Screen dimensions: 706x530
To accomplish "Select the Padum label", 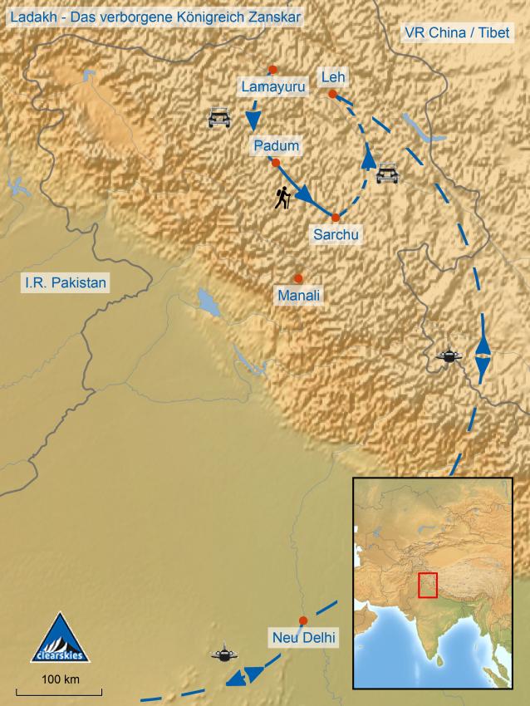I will [277, 146].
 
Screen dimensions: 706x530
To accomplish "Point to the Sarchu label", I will [336, 234].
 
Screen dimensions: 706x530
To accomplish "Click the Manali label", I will [300, 295].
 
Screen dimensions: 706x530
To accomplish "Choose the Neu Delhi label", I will [303, 638].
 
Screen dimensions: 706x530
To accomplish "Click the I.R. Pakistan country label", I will [66, 283].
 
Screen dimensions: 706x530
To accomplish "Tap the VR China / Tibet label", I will [454, 33].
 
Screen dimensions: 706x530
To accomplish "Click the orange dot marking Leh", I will [332, 95].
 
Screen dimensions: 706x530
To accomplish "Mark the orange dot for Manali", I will [298, 278].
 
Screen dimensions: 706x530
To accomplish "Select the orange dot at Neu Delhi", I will [303, 620].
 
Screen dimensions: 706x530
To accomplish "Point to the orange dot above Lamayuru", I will [272, 69].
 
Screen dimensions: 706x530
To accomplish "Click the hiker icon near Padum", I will [283, 198].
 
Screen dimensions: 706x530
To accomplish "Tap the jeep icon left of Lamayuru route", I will [218, 118].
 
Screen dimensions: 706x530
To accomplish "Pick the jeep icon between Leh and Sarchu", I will [388, 174].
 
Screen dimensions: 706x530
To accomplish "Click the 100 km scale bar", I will [61, 690].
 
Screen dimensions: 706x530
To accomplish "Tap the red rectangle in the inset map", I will [428, 585].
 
